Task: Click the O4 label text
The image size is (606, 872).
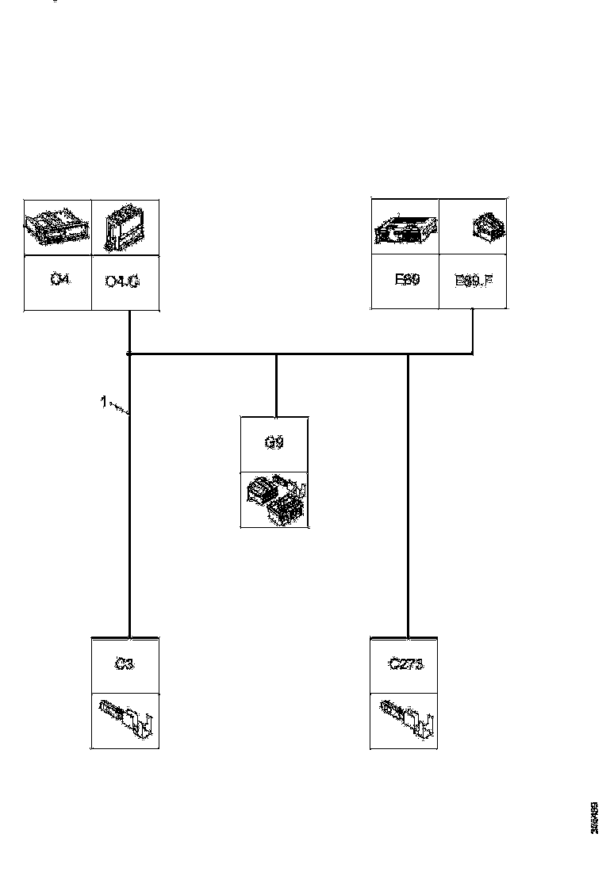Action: point(58,280)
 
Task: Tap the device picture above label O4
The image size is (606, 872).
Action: point(58,226)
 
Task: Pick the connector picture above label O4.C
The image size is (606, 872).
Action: point(125,226)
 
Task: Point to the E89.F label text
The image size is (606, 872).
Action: point(474,281)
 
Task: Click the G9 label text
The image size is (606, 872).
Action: point(274,442)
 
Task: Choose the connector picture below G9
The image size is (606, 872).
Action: point(274,499)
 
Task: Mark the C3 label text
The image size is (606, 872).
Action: point(125,664)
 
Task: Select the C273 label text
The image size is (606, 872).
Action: point(405,664)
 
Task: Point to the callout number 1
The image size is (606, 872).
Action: point(103,402)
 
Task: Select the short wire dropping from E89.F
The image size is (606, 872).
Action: point(474,331)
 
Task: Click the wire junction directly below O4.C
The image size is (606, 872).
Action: point(128,354)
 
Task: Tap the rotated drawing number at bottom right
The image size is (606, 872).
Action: point(594,817)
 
